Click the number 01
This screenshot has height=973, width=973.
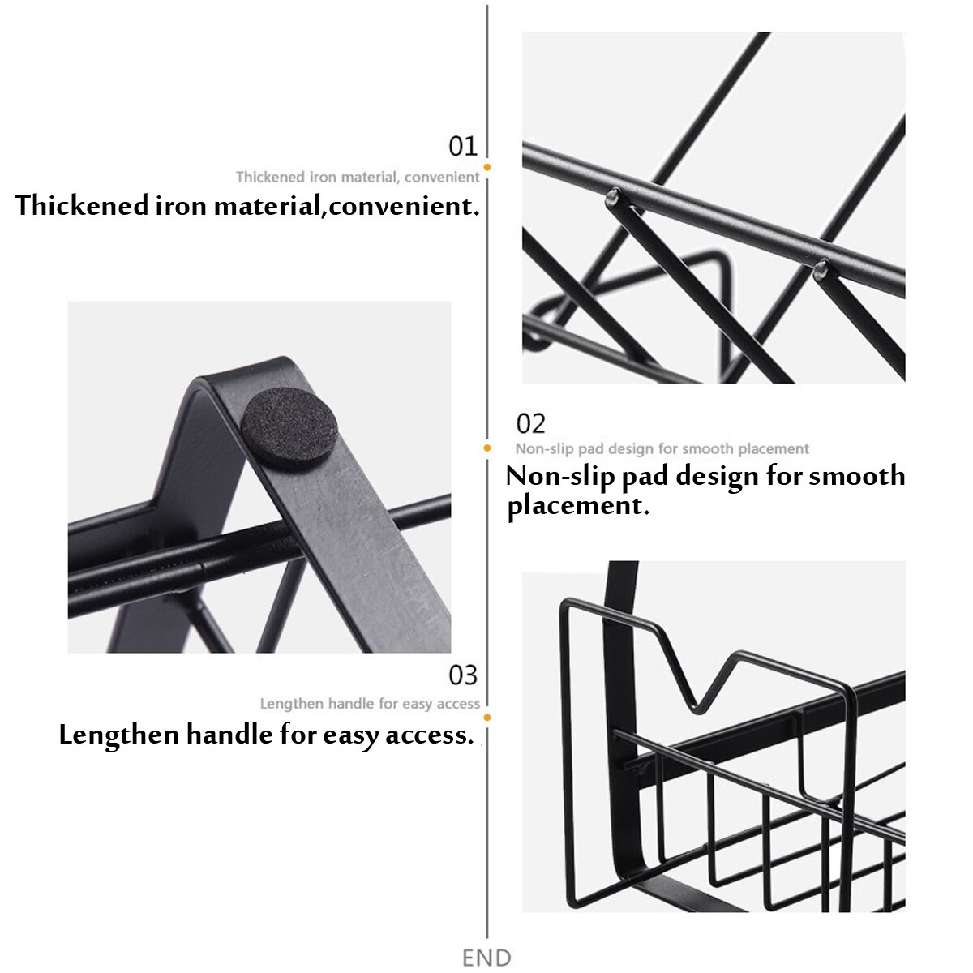463,147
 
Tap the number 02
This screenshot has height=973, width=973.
531,423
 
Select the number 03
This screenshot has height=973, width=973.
463,675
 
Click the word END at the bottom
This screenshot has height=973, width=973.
486,958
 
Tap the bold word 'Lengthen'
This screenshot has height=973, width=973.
119,735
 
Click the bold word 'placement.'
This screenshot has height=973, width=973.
578,506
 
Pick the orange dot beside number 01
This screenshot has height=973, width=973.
487,168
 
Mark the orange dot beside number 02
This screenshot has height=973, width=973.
487,448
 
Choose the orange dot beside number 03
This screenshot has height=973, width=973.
487,718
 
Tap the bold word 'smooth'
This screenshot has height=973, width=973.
857,476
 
